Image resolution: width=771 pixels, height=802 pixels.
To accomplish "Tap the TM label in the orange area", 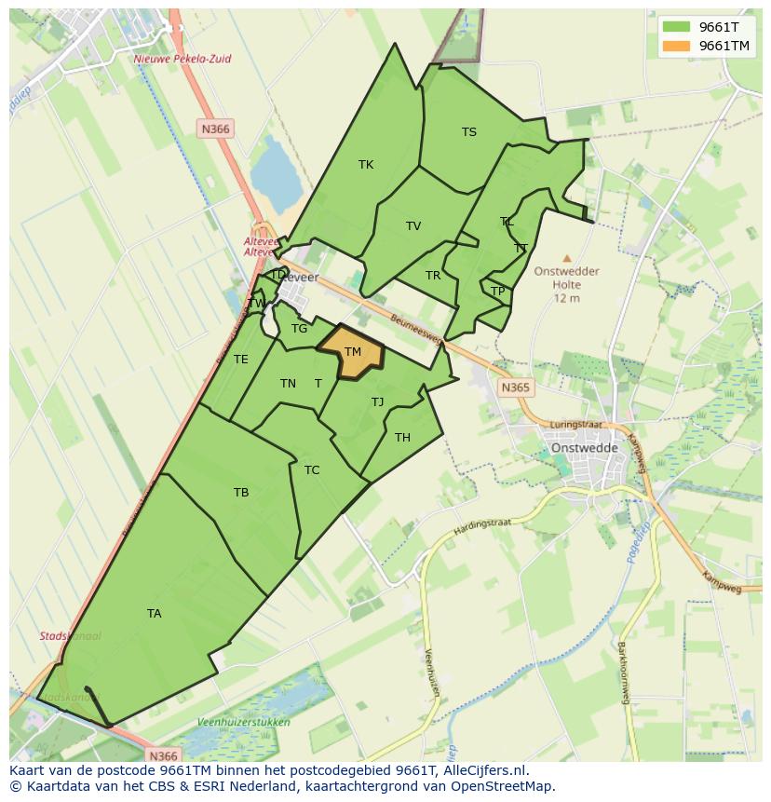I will click(x=352, y=352).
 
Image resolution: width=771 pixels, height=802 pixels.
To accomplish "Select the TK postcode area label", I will click(x=366, y=165).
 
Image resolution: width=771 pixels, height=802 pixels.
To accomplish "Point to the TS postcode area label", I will click(x=469, y=132).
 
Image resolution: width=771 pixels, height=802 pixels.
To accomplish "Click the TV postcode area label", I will click(x=413, y=226).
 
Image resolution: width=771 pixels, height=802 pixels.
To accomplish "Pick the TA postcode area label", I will click(x=154, y=614).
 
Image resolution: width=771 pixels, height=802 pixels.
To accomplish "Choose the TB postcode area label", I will click(x=241, y=493).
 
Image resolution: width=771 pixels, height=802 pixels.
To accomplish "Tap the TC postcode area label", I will click(x=312, y=470).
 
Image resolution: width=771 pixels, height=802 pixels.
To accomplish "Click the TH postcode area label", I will click(x=402, y=438).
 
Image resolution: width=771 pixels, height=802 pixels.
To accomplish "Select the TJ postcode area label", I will click(x=377, y=402).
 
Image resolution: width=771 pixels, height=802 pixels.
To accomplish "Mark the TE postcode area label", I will click(x=241, y=360).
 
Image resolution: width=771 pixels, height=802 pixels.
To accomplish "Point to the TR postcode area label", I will click(x=433, y=276).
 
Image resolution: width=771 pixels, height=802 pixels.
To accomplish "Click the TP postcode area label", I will click(x=498, y=292).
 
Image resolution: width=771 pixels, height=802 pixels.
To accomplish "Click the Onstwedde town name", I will click(x=585, y=447).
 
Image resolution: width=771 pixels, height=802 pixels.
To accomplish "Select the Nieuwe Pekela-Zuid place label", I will click(x=183, y=59).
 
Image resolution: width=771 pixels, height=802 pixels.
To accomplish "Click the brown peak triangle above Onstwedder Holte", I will click(x=567, y=258).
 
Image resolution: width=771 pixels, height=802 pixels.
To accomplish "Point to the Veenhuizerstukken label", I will click(x=244, y=722).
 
